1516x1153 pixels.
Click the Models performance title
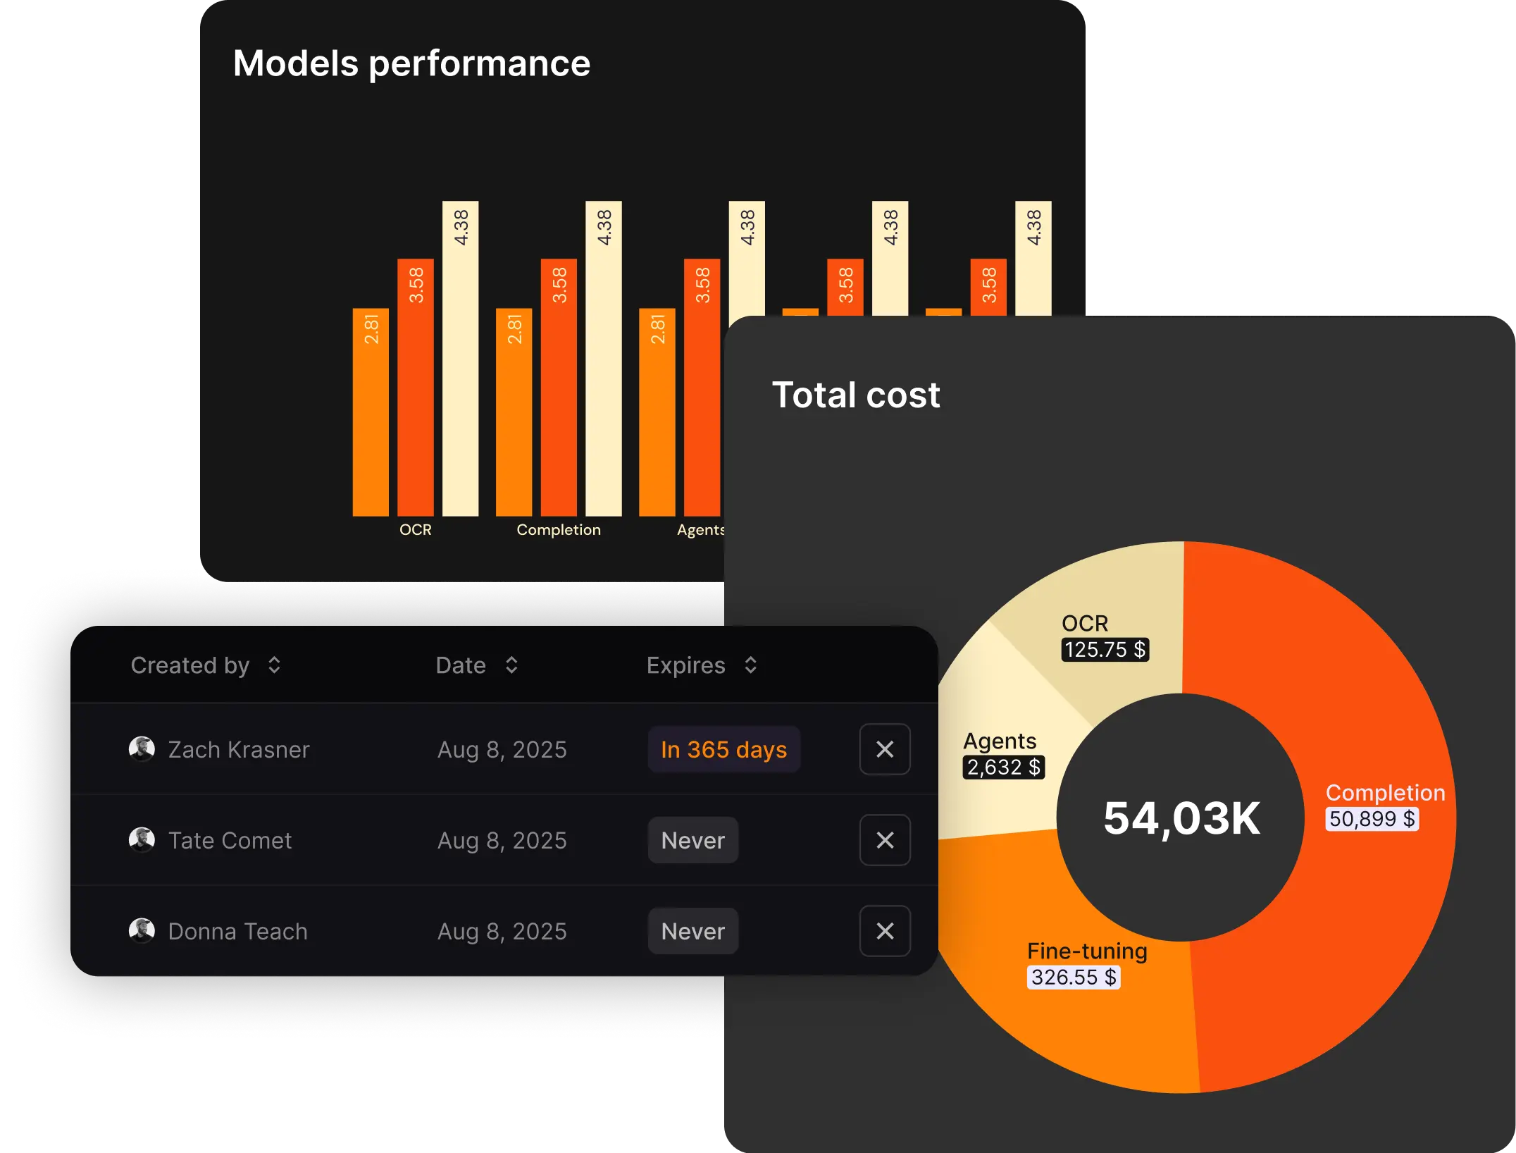(x=411, y=63)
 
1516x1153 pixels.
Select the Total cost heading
(x=856, y=395)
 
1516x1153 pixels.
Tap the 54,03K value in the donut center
(x=1181, y=818)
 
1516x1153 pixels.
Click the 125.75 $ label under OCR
(x=1105, y=649)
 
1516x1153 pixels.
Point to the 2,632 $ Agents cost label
(x=1003, y=767)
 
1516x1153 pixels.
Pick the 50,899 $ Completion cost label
(x=1372, y=819)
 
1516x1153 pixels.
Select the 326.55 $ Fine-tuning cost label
(x=1074, y=978)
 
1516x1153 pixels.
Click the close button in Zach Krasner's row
(x=885, y=749)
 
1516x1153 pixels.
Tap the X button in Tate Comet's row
(x=885, y=840)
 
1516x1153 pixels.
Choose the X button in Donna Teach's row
(x=885, y=931)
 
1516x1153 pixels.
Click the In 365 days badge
(x=723, y=749)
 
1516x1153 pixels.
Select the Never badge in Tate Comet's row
(x=692, y=840)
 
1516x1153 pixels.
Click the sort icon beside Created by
(x=274, y=665)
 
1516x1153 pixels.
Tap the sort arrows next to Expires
(x=750, y=665)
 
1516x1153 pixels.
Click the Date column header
(x=461, y=665)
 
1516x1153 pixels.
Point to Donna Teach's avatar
(x=142, y=930)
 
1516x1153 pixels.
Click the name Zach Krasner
(x=239, y=749)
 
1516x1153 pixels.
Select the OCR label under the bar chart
(x=415, y=530)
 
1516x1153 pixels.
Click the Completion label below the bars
(x=559, y=530)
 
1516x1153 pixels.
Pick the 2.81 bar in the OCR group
(x=371, y=412)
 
